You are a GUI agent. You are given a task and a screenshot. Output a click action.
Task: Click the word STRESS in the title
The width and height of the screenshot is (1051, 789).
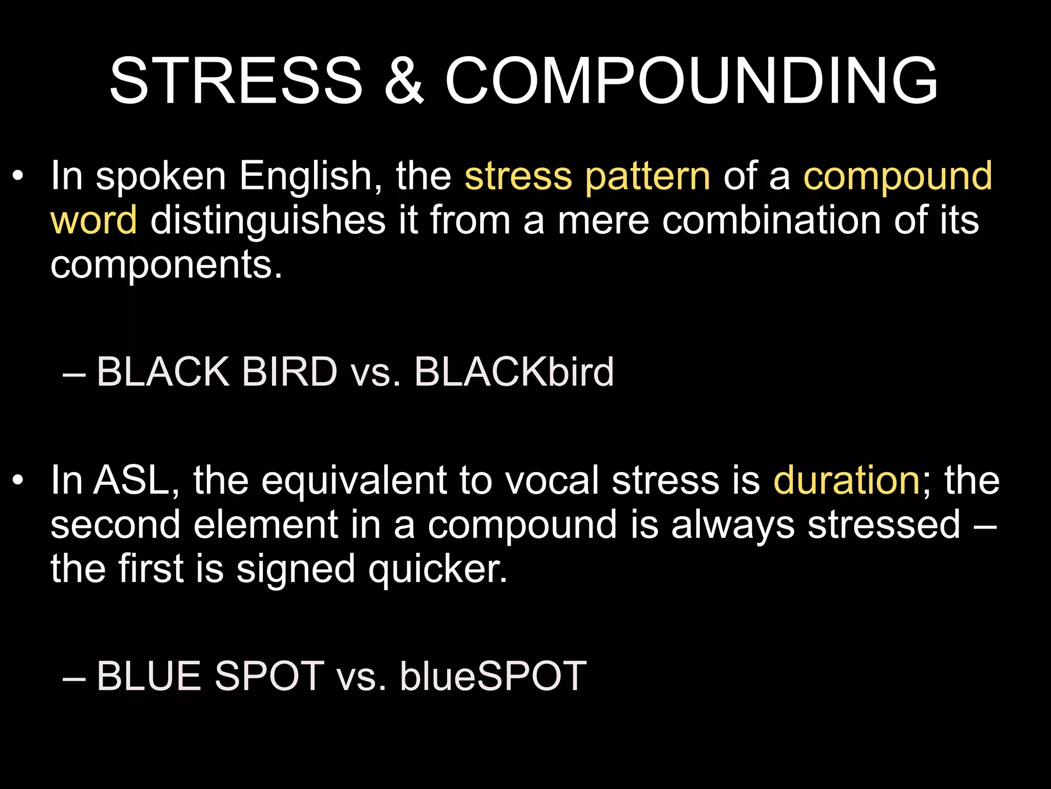(x=236, y=81)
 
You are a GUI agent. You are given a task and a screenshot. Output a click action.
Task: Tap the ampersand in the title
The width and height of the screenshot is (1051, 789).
(x=404, y=81)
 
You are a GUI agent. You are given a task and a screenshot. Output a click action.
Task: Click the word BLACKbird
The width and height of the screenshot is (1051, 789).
(x=514, y=372)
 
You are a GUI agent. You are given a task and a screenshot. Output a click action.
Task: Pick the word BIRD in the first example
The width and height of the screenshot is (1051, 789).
(x=289, y=372)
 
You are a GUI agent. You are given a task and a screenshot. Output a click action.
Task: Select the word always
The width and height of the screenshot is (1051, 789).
(x=733, y=525)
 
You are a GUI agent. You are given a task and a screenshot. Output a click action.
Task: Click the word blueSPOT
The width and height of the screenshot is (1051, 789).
(x=493, y=676)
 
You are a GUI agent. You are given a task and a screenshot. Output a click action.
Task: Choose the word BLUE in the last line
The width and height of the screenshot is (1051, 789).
(x=149, y=676)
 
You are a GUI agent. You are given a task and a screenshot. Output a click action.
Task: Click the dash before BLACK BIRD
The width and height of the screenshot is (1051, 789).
(x=73, y=374)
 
